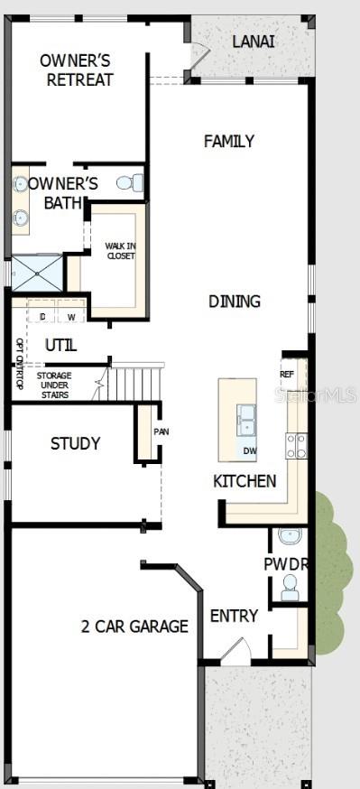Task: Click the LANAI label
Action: click(x=254, y=41)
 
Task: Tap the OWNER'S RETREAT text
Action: click(x=76, y=70)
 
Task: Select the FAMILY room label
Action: click(x=228, y=141)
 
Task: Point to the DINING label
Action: click(x=235, y=302)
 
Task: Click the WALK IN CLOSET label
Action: click(x=119, y=250)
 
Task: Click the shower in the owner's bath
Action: click(x=37, y=272)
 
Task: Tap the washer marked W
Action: click(x=70, y=317)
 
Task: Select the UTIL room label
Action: click(x=61, y=346)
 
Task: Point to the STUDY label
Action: click(x=75, y=443)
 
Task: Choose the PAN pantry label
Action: click(x=161, y=432)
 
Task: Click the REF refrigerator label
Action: click(x=287, y=374)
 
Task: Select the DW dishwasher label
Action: click(x=249, y=450)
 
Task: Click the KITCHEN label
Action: click(x=245, y=481)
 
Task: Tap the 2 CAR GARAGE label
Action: click(x=135, y=626)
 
